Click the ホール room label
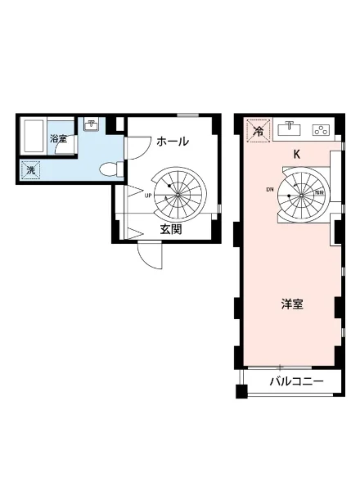(172, 141)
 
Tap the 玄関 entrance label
(171, 230)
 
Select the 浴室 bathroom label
(58, 139)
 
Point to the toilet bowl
(107, 169)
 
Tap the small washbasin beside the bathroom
(92, 125)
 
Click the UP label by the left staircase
(148, 196)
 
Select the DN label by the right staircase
(270, 190)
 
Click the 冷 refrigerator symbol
(258, 130)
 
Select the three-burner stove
(321, 129)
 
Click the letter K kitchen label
(298, 154)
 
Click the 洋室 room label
(292, 304)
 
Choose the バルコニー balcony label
(296, 382)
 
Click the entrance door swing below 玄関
(150, 256)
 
